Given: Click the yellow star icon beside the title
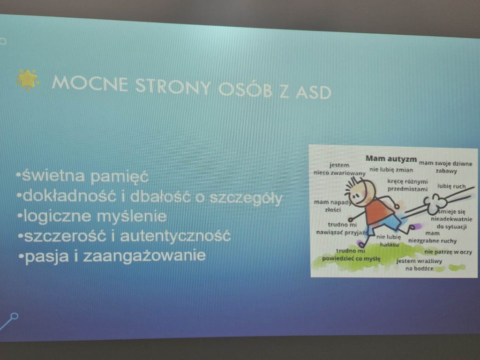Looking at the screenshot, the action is pyautogui.click(x=28, y=80).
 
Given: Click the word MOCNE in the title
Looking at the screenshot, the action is pyautogui.click(x=90, y=83).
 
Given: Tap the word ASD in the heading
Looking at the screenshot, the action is pyautogui.click(x=314, y=92).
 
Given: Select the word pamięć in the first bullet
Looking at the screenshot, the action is pyautogui.click(x=120, y=177).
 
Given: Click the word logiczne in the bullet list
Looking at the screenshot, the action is pyautogui.click(x=57, y=217).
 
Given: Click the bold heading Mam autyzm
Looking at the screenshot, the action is pyautogui.click(x=391, y=158).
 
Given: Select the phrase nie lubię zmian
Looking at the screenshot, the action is pyautogui.click(x=391, y=170).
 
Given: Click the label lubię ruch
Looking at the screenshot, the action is pyautogui.click(x=451, y=186).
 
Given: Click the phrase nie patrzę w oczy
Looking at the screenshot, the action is pyautogui.click(x=448, y=252).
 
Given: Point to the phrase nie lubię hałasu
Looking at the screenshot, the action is pyautogui.click(x=389, y=240).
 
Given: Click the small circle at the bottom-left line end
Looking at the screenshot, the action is pyautogui.click(x=14, y=316).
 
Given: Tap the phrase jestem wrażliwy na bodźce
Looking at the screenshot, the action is pyautogui.click(x=419, y=265).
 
